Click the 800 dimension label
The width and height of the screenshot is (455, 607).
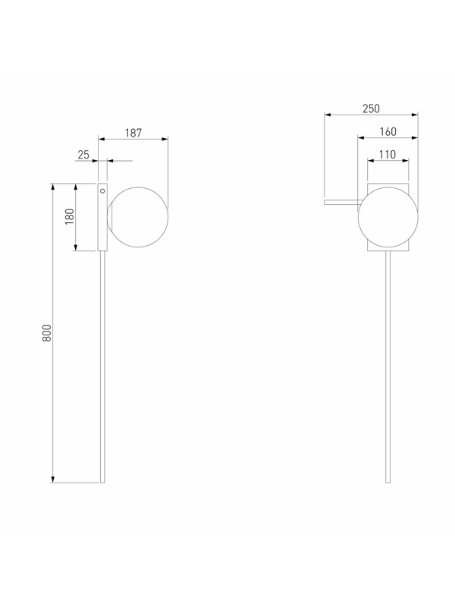click(x=46, y=333)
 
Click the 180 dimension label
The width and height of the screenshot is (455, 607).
click(x=70, y=217)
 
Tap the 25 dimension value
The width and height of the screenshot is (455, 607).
click(x=83, y=155)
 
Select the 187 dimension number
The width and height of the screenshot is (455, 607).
click(x=133, y=134)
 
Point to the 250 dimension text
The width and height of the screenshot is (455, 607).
click(x=371, y=109)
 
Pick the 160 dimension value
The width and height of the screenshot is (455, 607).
click(x=388, y=132)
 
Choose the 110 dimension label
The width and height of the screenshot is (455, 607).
click(x=388, y=155)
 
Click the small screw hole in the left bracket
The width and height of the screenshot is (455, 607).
click(x=102, y=191)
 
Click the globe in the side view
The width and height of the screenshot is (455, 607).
click(x=138, y=217)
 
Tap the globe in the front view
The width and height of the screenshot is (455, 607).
click(x=388, y=217)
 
